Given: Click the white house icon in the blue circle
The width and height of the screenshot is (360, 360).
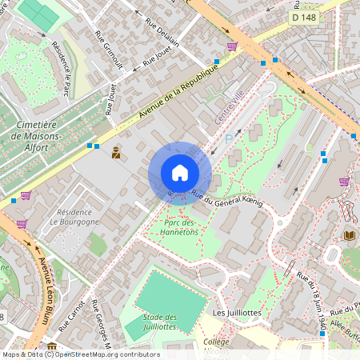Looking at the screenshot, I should point(180,173).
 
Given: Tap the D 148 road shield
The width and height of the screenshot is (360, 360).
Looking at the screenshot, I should point(303,17).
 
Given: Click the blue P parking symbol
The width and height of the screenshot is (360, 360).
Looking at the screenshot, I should point(230,139).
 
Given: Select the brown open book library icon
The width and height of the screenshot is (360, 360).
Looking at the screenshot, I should point(349,235).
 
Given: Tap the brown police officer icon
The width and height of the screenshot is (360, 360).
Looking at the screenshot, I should point(116,152).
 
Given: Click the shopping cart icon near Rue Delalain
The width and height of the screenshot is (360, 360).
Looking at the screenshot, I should point(232,46).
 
